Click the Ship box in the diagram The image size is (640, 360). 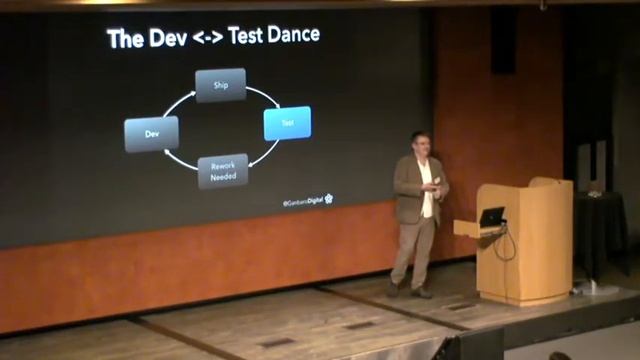click(221, 85)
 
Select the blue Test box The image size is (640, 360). click(287, 123)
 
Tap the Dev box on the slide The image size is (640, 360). click(152, 133)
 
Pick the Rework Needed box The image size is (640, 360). click(222, 171)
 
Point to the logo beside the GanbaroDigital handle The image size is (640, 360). click(329, 199)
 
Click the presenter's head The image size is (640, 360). click(419, 143)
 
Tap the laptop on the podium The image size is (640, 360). click(491, 217)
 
